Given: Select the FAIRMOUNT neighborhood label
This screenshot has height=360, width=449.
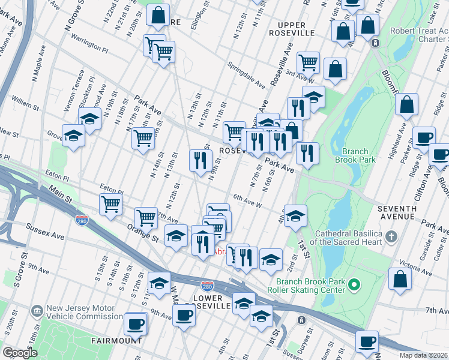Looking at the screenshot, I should click(116, 340).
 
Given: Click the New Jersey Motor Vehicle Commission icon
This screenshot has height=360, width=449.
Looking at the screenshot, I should click(37, 311).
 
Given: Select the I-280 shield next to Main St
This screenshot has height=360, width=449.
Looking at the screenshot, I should click(82, 221).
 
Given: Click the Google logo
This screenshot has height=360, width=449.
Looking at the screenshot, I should click(20, 353).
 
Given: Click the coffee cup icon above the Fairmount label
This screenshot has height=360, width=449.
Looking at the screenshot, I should click(135, 324).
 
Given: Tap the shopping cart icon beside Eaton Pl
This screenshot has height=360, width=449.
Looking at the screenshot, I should click(110, 204).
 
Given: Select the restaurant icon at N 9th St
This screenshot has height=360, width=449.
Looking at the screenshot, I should click(200, 160).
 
